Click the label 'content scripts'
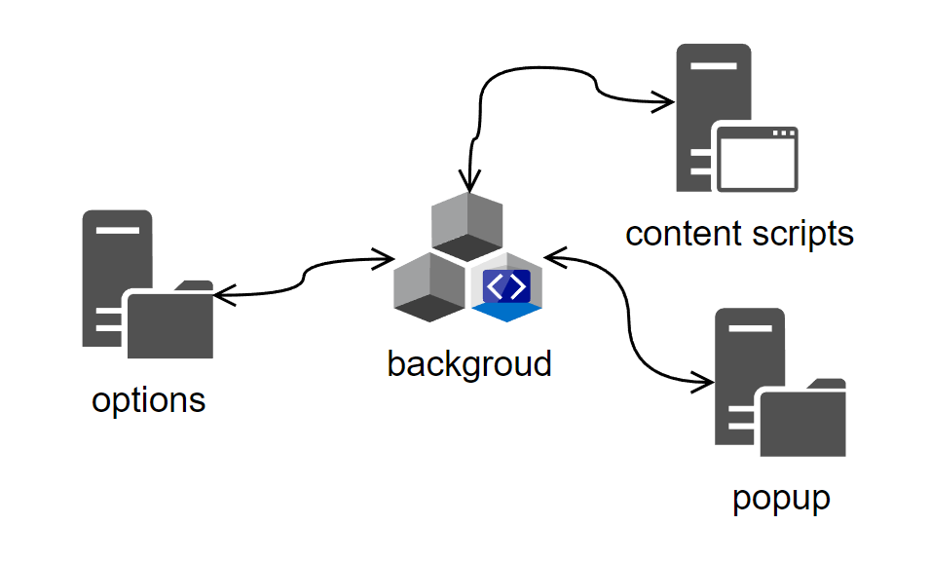tap(739, 234)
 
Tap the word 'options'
tap(149, 400)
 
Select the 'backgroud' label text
tap(468, 363)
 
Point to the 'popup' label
tap(781, 498)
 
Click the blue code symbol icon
tap(506, 287)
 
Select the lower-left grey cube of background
tap(428, 286)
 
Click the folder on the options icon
tap(169, 320)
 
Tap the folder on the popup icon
tap(802, 420)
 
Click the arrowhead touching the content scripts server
tap(666, 100)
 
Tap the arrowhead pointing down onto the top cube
tap(470, 183)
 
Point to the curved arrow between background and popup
tap(624, 321)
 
